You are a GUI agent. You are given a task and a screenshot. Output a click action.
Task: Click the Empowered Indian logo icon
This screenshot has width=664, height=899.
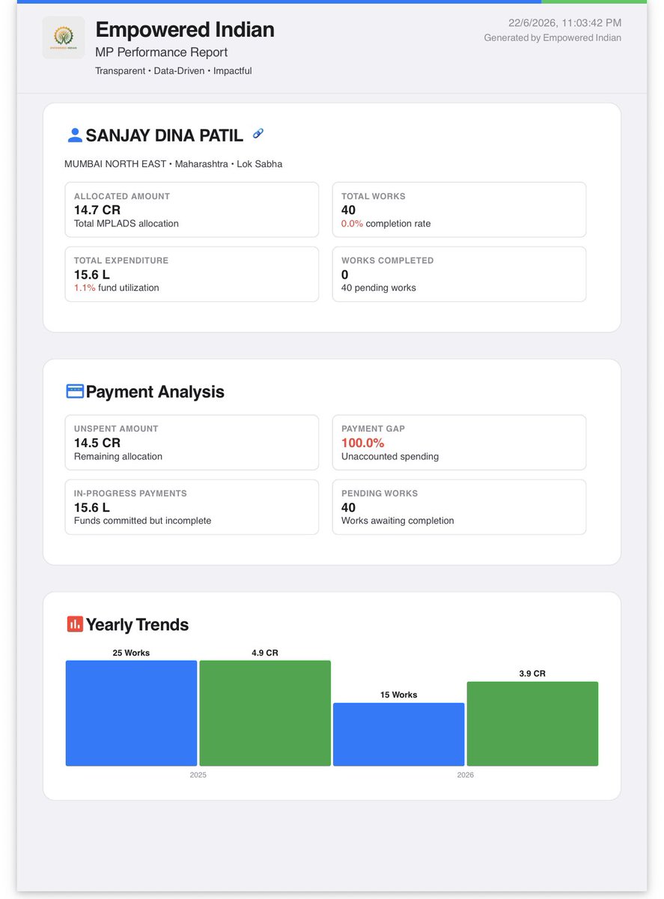click(x=64, y=37)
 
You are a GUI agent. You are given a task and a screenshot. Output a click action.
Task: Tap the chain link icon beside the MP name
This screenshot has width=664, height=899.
click(x=258, y=133)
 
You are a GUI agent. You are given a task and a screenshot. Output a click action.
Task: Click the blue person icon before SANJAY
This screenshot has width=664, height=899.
click(x=75, y=136)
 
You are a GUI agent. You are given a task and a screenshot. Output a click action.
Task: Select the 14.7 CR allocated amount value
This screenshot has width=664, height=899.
click(x=97, y=210)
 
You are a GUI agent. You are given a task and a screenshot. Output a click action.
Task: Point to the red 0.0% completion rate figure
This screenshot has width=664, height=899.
click(x=352, y=224)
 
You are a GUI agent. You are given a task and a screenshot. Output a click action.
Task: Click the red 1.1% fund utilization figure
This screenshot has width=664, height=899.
click(x=85, y=288)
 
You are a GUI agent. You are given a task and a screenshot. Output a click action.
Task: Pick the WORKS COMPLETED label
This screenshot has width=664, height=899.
click(x=387, y=261)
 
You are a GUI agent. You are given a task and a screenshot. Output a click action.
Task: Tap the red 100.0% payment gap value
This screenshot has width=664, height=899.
click(x=362, y=443)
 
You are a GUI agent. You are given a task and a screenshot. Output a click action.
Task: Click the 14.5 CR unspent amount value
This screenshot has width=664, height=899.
click(x=97, y=443)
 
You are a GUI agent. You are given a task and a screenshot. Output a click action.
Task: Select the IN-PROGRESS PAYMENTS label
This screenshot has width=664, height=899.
click(x=130, y=493)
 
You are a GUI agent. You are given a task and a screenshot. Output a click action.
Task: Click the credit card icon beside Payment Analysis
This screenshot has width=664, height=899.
click(x=75, y=392)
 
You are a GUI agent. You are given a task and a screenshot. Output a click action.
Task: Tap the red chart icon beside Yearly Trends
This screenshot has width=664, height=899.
click(x=75, y=624)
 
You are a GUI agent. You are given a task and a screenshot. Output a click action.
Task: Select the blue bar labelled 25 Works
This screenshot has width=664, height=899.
click(x=131, y=713)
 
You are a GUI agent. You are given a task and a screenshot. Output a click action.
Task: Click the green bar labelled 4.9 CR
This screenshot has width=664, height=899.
click(x=265, y=713)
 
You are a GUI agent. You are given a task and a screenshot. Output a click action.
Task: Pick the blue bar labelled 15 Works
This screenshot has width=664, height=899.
click(x=399, y=734)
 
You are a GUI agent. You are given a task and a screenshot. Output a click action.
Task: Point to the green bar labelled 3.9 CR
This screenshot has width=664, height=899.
click(x=532, y=724)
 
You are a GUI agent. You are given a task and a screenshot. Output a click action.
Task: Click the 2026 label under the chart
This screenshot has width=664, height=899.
click(x=465, y=775)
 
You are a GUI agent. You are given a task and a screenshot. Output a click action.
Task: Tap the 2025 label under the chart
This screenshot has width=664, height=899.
click(x=198, y=775)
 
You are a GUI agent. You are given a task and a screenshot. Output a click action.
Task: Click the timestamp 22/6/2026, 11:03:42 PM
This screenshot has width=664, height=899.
click(x=564, y=22)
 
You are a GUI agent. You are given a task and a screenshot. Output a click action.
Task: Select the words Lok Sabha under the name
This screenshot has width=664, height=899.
click(x=259, y=164)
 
